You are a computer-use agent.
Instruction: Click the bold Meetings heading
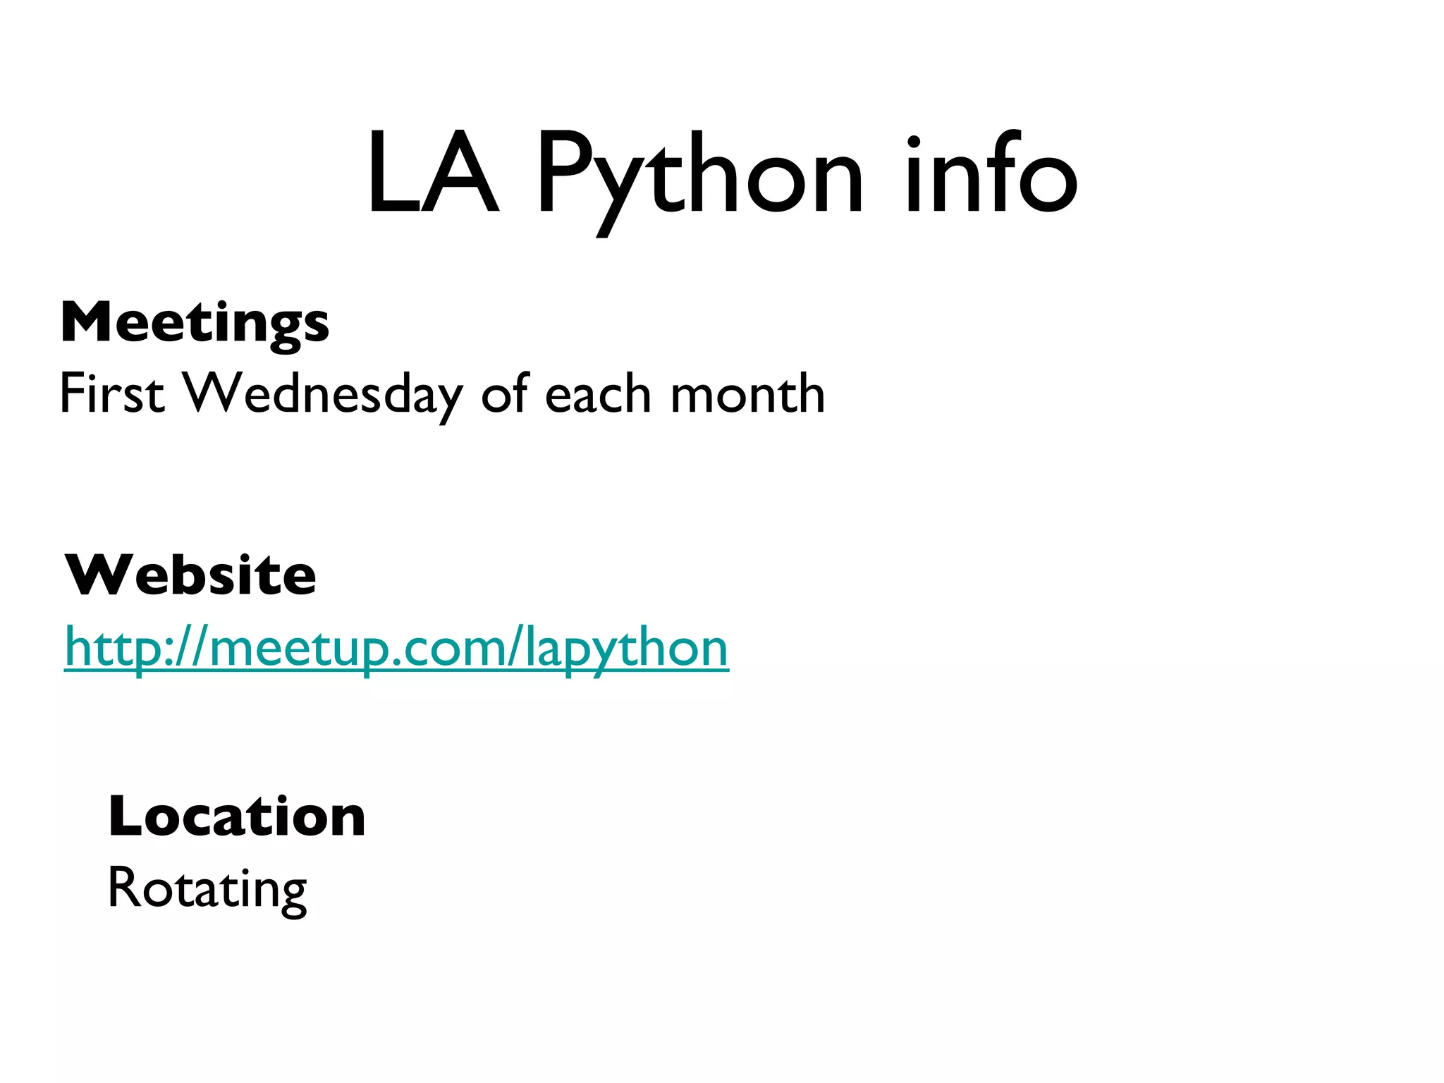(x=195, y=323)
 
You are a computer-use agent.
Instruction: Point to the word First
(x=111, y=393)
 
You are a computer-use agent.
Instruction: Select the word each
(x=598, y=393)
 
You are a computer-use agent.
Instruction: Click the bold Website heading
(x=190, y=575)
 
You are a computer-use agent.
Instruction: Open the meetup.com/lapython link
(x=396, y=647)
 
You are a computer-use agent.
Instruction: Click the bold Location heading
(x=237, y=816)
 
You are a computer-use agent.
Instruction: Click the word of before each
(x=505, y=393)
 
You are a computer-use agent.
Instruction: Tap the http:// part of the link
(x=134, y=647)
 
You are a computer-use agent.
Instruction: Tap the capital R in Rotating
(x=123, y=887)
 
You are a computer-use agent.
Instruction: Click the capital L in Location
(x=124, y=816)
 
